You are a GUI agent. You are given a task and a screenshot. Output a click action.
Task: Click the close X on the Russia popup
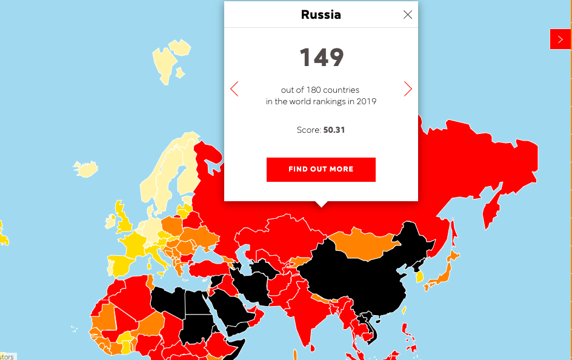(408, 15)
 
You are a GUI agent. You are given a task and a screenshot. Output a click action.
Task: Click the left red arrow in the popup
(234, 89)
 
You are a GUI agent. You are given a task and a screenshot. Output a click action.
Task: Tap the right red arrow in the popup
(408, 89)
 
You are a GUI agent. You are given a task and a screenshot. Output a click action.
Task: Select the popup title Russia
(321, 15)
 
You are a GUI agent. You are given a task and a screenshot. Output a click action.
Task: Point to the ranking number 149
(321, 58)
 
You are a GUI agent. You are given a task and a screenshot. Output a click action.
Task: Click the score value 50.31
(333, 130)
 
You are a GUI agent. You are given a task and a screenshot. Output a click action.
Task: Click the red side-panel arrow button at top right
(560, 39)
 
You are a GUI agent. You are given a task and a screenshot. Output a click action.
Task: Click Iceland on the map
(86, 168)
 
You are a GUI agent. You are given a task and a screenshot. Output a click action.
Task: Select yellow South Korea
(419, 276)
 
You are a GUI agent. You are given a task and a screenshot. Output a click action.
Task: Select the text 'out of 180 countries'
(320, 90)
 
